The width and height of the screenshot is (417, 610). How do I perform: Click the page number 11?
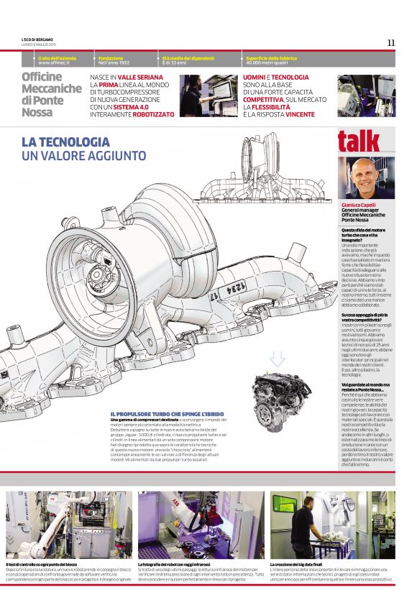point(391,42)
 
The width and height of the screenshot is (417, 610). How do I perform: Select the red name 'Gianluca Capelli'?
point(359,205)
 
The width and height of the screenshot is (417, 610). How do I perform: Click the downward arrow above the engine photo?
point(278,359)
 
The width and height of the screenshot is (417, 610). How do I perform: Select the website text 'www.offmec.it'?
point(53,63)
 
